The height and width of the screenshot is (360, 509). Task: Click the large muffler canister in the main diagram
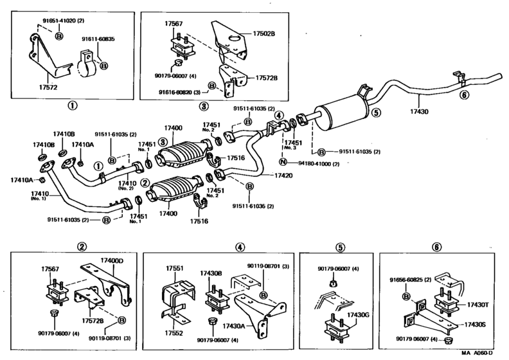(341, 114)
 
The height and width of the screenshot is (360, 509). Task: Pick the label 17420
(283, 175)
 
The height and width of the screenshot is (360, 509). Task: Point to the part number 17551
(175, 268)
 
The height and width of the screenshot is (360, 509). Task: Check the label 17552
(175, 333)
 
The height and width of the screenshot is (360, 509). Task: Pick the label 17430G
(357, 315)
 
